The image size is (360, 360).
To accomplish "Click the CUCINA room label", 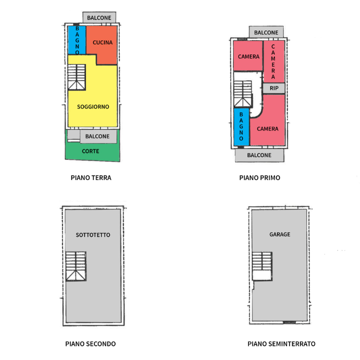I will point(102,43).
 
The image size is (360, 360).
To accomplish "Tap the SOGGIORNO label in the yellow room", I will point(93,106).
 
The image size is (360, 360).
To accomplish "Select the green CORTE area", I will point(90,151).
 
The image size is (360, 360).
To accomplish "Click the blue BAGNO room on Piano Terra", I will point(77,40).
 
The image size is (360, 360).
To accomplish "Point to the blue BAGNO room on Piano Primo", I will point(241,127).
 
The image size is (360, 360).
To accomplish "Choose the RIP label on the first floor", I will point(274,88).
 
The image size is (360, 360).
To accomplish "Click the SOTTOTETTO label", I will point(93,234).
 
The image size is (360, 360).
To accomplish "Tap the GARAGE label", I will point(279,234).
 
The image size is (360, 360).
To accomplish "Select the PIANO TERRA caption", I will point(91,177).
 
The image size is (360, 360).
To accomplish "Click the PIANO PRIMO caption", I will point(259,177).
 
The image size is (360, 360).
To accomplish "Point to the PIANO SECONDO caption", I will point(90,344).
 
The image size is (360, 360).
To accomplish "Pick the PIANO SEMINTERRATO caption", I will point(281,344).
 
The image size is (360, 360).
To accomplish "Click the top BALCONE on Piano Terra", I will point(99,18).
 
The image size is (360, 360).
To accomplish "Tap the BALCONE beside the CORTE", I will point(97,136).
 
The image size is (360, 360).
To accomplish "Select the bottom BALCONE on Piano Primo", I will point(259,155).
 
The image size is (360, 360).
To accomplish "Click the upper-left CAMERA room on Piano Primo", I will point(248,56).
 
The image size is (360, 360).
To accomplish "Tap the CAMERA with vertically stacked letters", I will point(273,61).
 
